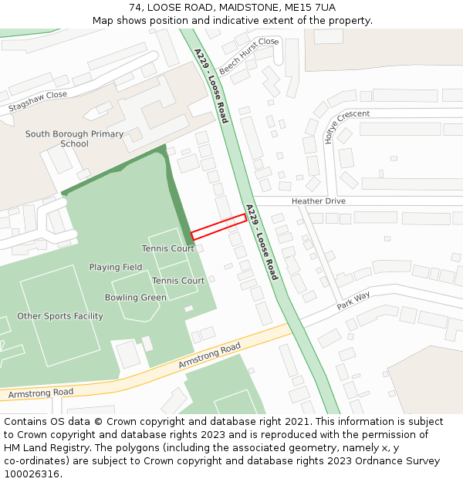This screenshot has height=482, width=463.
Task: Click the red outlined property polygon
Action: pyautogui.click(x=219, y=226)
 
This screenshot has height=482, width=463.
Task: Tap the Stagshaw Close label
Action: pyautogui.click(x=38, y=101)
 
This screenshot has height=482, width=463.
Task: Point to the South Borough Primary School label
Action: pyautogui.click(x=74, y=139)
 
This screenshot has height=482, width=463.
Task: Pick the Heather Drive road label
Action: pyautogui.click(x=318, y=201)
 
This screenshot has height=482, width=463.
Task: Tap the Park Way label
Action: pyautogui.click(x=353, y=300)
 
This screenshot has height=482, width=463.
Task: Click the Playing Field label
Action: pyautogui.click(x=116, y=268)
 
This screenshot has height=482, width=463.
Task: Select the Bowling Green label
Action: pyautogui.click(x=136, y=298)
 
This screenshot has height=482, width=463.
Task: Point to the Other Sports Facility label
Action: pyautogui.click(x=60, y=316)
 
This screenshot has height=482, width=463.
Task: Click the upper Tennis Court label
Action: pyautogui.click(x=168, y=249)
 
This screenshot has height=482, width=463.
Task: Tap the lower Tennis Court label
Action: pyautogui.click(x=178, y=281)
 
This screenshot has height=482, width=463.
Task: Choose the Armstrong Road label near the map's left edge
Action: pyautogui.click(x=41, y=393)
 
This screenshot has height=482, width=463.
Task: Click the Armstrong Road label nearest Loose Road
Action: pyautogui.click(x=210, y=356)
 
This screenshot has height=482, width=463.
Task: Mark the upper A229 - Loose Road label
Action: pyautogui.click(x=211, y=86)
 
